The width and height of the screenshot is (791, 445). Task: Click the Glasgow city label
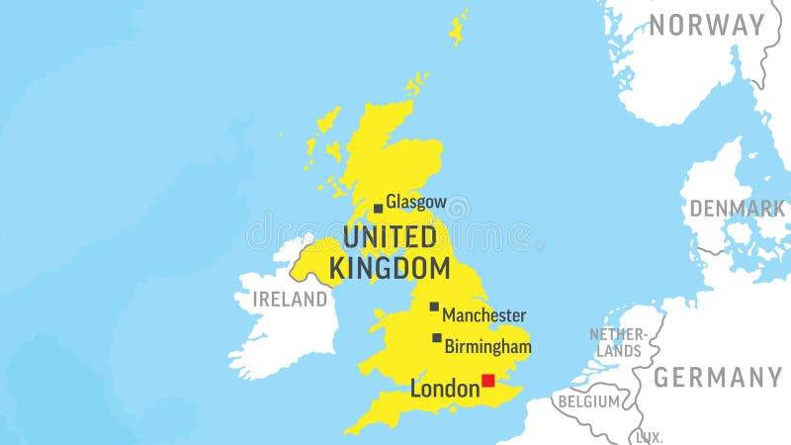415,203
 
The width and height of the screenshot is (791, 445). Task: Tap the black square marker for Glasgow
378,209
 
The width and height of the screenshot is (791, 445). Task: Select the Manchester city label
483,315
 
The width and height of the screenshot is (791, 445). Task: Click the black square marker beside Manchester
434,307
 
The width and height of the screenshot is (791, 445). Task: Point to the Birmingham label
487,347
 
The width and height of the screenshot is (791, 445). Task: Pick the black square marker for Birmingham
437,337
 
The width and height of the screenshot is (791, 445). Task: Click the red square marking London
487,380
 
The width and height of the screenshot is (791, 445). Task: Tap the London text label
444,390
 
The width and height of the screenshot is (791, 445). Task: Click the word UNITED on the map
389,237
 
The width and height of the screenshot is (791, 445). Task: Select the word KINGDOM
390,268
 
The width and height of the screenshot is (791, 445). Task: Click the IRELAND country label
290,300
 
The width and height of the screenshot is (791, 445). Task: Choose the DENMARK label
737,209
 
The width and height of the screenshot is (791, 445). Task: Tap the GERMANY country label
718,377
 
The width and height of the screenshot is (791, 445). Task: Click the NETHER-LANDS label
618,342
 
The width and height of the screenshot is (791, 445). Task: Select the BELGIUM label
588,401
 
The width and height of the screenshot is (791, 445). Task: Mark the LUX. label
649,436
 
